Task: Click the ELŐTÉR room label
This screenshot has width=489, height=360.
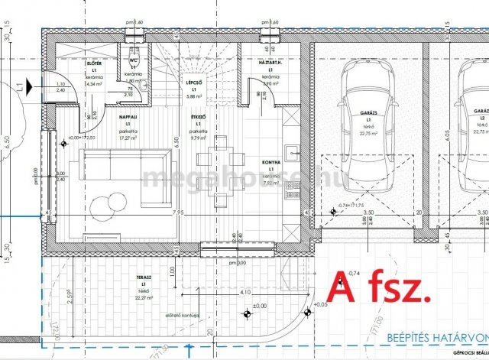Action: point(95,63)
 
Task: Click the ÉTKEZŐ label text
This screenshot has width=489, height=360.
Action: point(197,117)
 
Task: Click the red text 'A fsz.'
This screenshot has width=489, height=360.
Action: point(380,290)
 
